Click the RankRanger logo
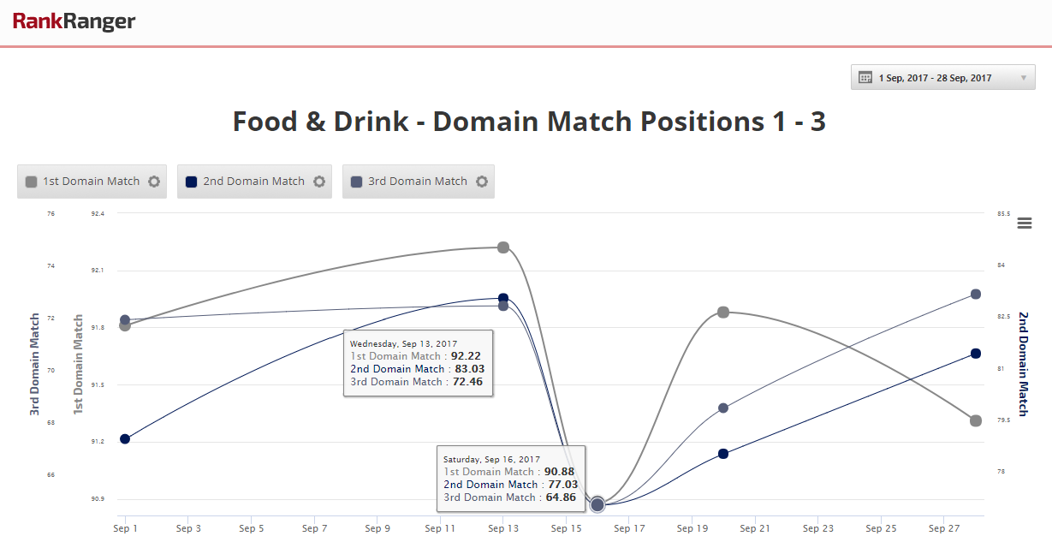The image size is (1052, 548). click(74, 21)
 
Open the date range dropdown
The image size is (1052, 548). click(942, 78)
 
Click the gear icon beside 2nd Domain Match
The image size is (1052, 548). click(319, 182)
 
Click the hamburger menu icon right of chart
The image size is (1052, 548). click(1025, 223)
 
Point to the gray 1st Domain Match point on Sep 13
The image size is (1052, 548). click(503, 247)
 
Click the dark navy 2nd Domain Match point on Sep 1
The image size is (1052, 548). click(125, 439)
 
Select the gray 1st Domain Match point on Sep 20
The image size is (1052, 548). click(723, 313)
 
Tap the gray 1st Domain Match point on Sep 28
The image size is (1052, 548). click(976, 420)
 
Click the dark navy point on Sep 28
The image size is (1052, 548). click(976, 354)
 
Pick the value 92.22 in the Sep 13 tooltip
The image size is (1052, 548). click(466, 356)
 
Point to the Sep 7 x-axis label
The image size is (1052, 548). click(314, 529)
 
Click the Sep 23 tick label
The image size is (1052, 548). click(818, 529)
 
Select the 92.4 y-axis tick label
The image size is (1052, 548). click(97, 214)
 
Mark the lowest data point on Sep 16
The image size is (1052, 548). click(597, 503)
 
